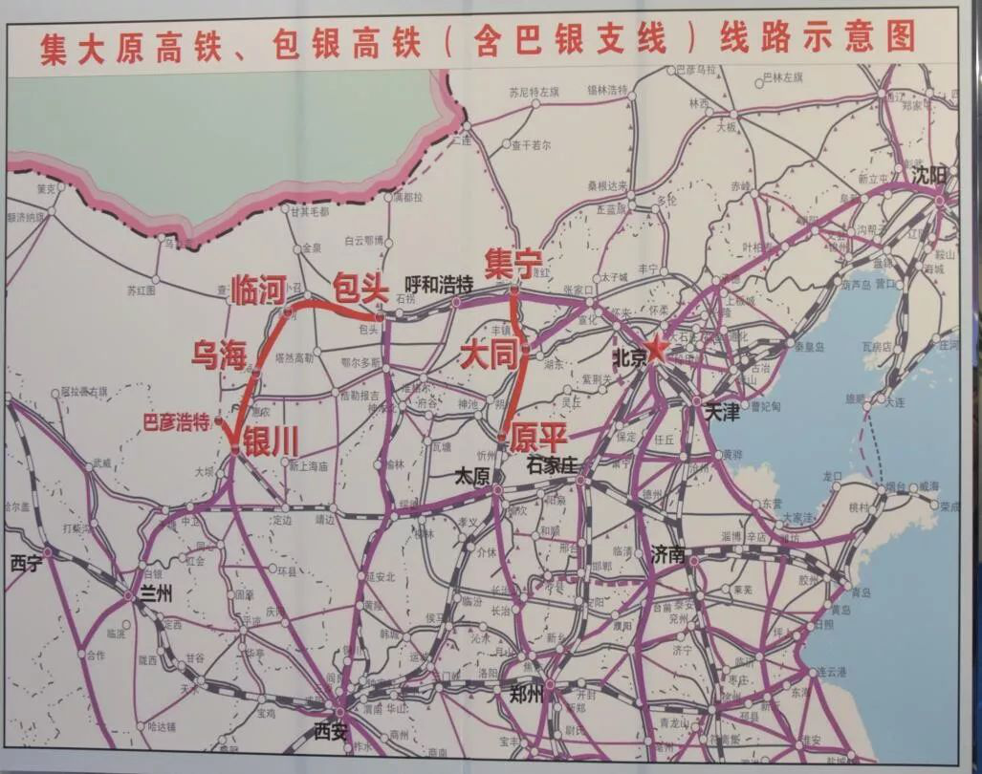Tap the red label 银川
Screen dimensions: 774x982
(x=271, y=441)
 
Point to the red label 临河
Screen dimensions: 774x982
(x=259, y=289)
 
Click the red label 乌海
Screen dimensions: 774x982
(x=219, y=355)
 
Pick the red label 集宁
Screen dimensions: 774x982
(x=513, y=262)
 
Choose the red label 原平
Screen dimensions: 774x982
(x=538, y=438)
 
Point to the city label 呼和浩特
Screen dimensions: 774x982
(x=439, y=284)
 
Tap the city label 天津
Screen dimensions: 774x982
(x=723, y=413)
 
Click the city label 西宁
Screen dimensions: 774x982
(x=26, y=563)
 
